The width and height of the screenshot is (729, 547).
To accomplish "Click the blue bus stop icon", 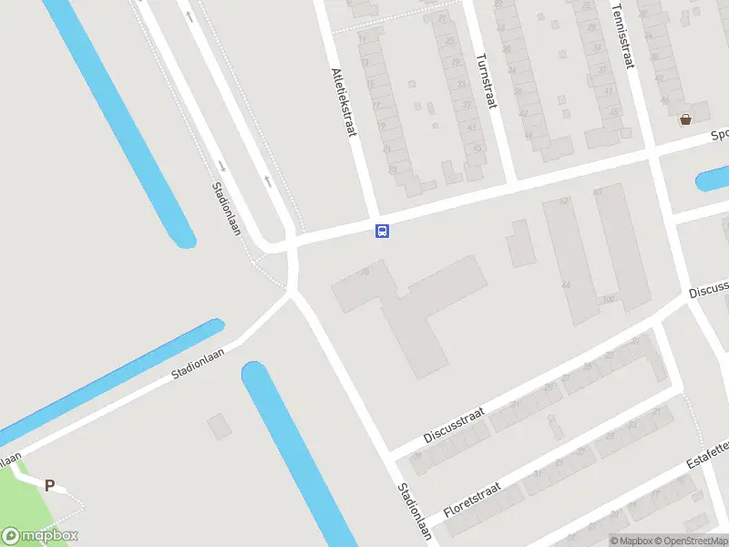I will click(383, 231).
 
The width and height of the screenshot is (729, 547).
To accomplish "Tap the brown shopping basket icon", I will click(685, 119).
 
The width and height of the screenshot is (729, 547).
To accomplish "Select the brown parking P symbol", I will click(50, 486).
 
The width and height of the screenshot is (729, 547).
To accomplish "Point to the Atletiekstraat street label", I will click(343, 102).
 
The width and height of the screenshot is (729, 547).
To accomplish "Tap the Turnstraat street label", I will click(486, 81).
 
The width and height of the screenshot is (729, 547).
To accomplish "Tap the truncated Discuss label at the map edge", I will click(709, 289).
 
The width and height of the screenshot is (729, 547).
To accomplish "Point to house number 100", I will click(609, 299).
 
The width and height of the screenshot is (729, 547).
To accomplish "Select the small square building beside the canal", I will click(219, 426).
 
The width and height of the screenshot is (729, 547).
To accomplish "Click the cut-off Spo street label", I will click(719, 135).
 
